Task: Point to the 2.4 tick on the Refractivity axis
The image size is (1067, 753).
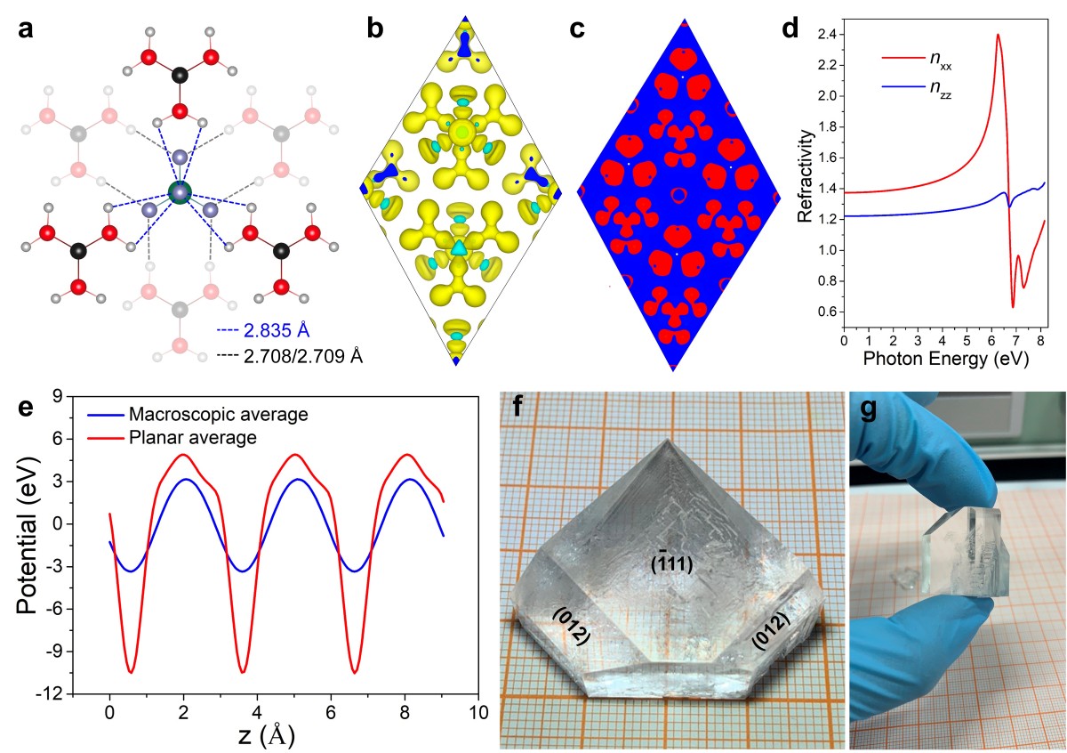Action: coord(826,35)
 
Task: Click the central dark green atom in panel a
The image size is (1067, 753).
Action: coord(180,192)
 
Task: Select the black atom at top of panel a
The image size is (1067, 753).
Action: coord(181,76)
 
